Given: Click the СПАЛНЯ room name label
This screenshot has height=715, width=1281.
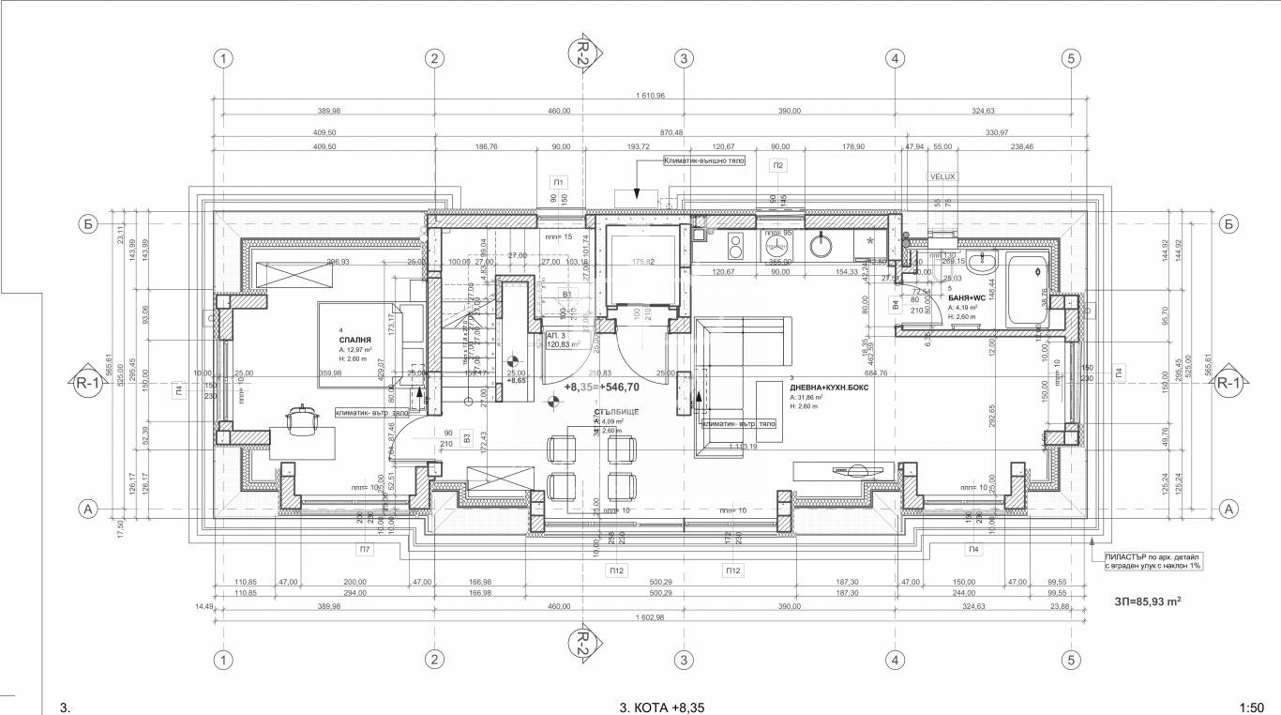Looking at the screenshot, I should click(355, 340).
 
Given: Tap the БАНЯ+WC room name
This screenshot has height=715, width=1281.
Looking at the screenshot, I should click(966, 297).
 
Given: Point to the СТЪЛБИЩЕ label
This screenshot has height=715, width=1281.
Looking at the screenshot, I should click(610, 412).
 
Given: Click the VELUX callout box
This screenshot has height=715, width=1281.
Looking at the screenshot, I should click(942, 176).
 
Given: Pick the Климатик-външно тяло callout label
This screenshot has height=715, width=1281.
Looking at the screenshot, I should click(704, 161).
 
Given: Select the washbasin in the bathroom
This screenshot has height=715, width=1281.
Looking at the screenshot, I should click(984, 263).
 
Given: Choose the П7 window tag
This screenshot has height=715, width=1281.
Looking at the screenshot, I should click(365, 548).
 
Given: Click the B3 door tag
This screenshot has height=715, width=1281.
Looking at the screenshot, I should click(467, 437).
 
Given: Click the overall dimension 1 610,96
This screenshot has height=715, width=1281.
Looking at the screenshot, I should click(649, 96).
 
